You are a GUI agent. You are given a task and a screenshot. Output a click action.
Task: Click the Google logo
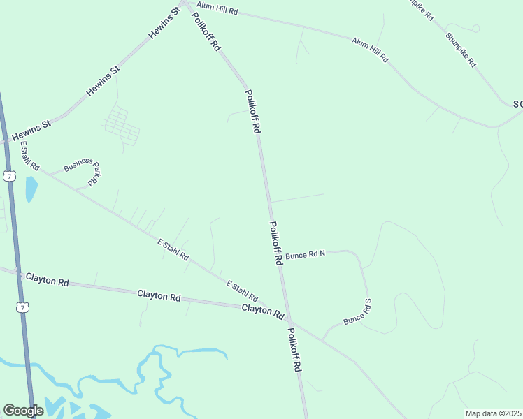click(23, 411)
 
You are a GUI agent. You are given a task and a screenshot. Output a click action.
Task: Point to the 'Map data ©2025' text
click(492, 413)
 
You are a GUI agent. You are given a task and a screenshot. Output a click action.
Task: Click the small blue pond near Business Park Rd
click(31, 189)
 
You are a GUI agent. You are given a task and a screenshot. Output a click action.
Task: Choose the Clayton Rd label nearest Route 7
click(48, 280)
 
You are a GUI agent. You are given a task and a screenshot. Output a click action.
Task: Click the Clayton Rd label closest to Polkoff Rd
click(262, 309)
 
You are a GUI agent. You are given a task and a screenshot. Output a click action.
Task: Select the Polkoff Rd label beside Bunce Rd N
click(275, 243)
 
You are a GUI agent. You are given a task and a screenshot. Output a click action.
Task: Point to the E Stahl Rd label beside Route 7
click(29, 157)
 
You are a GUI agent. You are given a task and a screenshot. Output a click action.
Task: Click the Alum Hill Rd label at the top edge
click(217, 8)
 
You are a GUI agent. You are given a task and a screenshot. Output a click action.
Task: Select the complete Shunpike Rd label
click(461, 49)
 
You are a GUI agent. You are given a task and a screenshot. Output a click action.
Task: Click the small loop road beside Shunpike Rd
click(475, 28)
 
